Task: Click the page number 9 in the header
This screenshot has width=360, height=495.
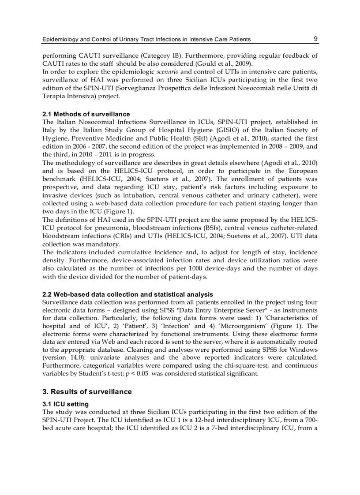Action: point(315,39)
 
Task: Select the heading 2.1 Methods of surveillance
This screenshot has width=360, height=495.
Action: point(86,114)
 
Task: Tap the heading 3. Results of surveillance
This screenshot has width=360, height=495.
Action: point(87,392)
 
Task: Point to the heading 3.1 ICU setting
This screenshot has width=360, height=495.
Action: point(65,404)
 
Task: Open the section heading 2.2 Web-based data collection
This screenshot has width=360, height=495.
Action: point(127,294)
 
